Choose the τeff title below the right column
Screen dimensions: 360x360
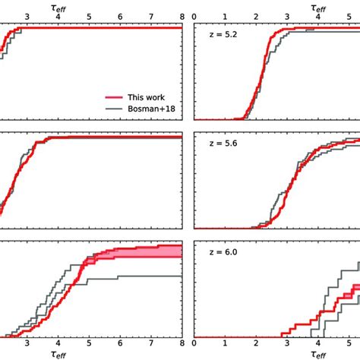317,354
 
